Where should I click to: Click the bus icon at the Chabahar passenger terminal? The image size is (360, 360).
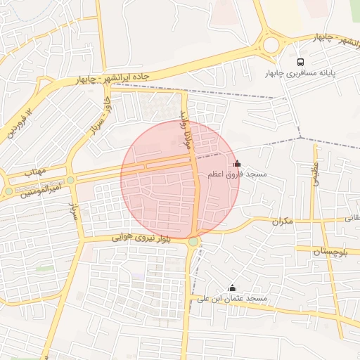301,62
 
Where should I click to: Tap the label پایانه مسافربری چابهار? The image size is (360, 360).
301,73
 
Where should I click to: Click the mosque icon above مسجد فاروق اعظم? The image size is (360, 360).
236,163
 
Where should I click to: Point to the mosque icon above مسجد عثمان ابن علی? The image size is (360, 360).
232,288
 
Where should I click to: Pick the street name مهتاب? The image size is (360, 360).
34,172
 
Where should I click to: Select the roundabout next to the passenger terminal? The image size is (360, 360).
271,45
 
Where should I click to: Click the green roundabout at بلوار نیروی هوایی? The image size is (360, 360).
193,242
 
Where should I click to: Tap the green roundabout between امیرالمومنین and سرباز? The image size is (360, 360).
70,180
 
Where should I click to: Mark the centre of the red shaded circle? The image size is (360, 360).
180,179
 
